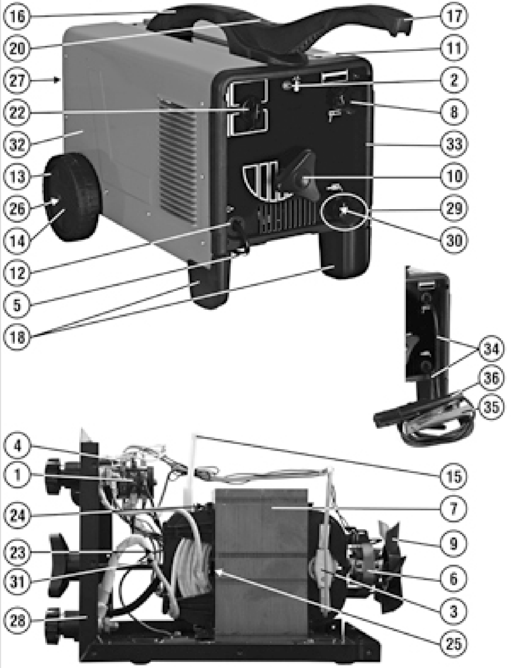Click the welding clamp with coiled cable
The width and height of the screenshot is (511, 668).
click(x=426, y=425)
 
